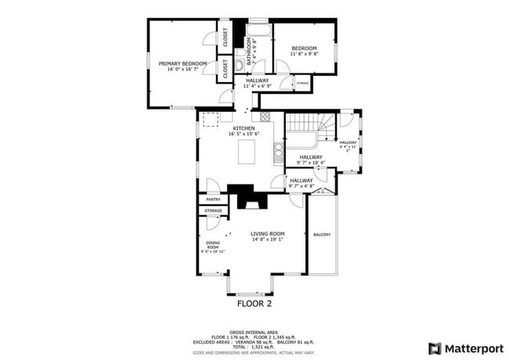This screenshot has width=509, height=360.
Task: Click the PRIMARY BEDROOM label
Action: tap(182, 66)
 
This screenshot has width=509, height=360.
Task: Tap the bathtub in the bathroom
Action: tap(259, 31)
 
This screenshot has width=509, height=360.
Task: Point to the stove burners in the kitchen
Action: tap(265, 117)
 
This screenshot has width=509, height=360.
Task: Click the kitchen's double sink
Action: tap(278, 150)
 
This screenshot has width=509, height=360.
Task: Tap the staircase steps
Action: tap(301, 125)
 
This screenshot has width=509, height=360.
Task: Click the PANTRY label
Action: tap(213, 200)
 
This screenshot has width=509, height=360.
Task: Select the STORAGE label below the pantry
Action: tap(213, 211)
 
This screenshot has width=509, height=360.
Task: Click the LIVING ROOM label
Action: tap(267, 236)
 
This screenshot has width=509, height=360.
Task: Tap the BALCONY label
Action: tap(321, 235)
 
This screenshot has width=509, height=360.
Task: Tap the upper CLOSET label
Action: tap(225, 37)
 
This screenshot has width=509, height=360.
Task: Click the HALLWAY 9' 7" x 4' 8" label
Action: tap(301, 183)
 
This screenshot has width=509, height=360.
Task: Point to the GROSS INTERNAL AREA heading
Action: tap(254, 332)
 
